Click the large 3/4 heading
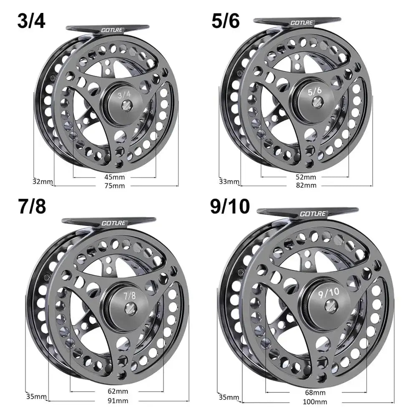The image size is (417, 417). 31,21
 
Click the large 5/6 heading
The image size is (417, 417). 226,21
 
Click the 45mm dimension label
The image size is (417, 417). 116,177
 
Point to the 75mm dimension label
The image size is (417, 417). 116,186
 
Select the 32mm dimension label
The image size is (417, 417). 43,181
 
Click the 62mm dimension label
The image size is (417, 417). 117,392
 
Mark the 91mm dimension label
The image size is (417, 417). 117,401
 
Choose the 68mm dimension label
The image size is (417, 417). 315,393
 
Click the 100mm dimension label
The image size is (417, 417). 315,402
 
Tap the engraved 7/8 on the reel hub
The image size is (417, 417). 130,296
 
